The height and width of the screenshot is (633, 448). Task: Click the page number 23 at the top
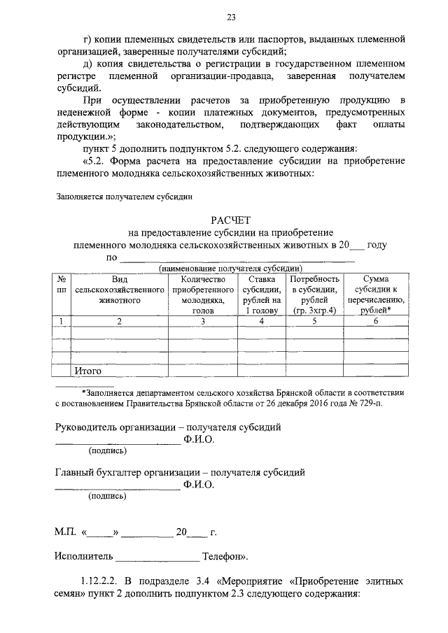(x=230, y=17)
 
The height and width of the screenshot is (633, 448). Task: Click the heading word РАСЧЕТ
(x=231, y=220)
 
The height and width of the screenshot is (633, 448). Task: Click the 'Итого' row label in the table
(x=89, y=371)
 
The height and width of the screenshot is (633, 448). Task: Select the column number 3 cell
(x=202, y=321)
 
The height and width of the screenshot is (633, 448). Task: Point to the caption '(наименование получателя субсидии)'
(x=230, y=269)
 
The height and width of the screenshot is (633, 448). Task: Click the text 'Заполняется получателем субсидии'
(x=123, y=197)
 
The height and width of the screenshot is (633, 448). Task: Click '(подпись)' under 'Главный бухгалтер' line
(x=107, y=497)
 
